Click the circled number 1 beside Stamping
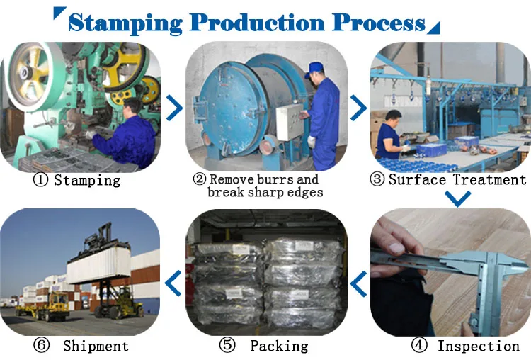click(x=40, y=180)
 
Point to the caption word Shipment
click(x=96, y=346)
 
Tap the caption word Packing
click(x=279, y=346)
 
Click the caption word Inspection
click(x=478, y=346)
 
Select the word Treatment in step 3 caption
click(x=490, y=179)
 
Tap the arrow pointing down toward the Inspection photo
click(x=459, y=199)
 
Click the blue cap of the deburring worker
click(x=316, y=67)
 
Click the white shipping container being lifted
click(x=98, y=267)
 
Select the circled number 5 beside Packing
click(x=227, y=346)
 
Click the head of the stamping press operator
click(x=131, y=108)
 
